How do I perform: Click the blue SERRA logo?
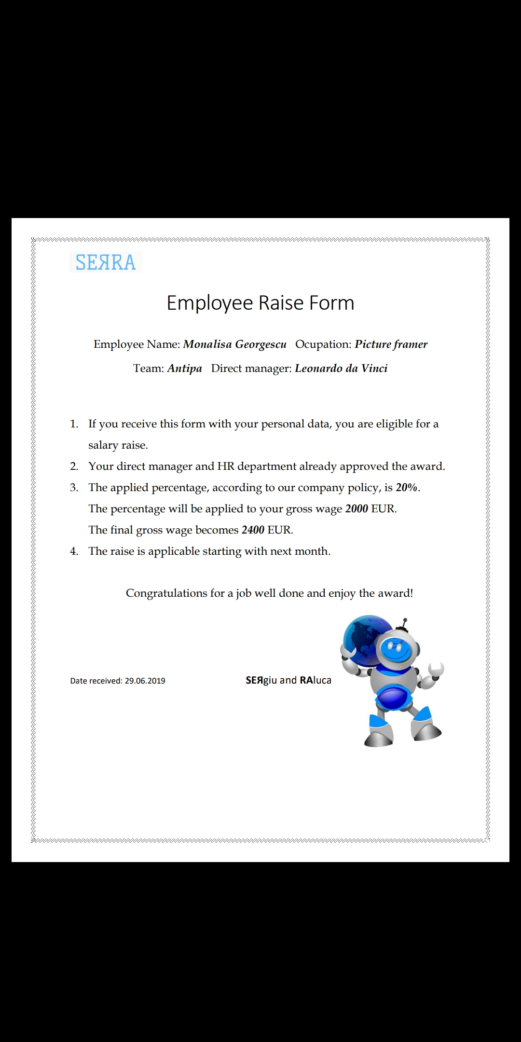(x=106, y=262)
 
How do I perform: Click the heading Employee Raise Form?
(x=260, y=303)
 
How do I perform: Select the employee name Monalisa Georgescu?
(x=234, y=344)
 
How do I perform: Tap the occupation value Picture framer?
(x=391, y=344)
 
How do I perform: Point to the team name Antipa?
(x=184, y=368)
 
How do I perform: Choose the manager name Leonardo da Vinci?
(x=341, y=368)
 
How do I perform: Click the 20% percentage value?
(x=406, y=487)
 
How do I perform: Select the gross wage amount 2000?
(x=356, y=508)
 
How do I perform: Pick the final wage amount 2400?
(x=253, y=530)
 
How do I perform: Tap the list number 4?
(x=74, y=551)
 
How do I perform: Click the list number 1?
(x=74, y=424)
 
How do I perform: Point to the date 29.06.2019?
(x=145, y=681)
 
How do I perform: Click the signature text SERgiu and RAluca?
(x=288, y=680)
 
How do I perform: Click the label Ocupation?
(x=323, y=344)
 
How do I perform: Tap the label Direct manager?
(x=251, y=368)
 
